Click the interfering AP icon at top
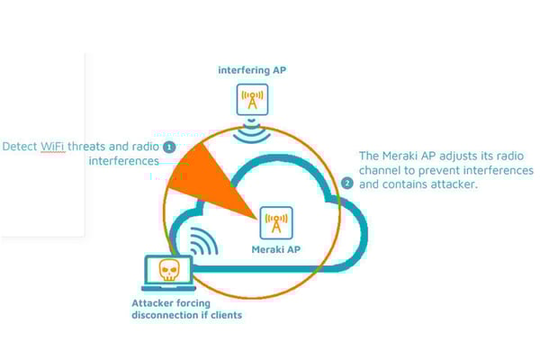tap(252, 98)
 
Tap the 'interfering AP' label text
tap(251, 69)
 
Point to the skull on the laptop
tap(166, 271)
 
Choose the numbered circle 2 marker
tap(347, 183)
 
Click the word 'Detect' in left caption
tap(20, 146)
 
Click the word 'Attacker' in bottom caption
tap(151, 303)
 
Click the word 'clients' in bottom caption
tap(224, 315)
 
